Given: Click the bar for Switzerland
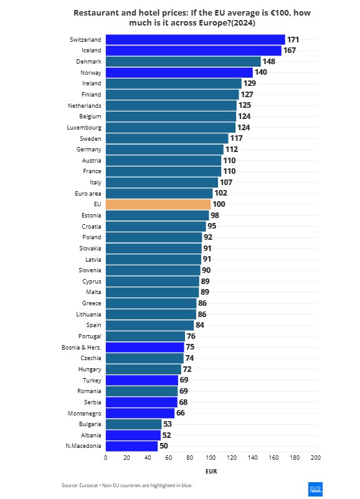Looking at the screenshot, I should (195, 40).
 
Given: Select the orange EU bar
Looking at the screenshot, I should (158, 204).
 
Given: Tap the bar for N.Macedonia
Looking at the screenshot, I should (131, 446).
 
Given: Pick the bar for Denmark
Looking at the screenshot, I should (183, 62).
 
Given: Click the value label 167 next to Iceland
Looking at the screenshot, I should (290, 50).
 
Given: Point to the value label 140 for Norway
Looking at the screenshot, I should (261, 72).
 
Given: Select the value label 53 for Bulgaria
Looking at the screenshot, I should (168, 424).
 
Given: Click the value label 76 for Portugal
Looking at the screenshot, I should (191, 336).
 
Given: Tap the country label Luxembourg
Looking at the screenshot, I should (83, 128).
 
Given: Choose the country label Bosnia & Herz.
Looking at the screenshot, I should (82, 347).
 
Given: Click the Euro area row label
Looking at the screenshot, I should (87, 193).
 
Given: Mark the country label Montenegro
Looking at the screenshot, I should (85, 413).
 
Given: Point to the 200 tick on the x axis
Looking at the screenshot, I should (316, 458).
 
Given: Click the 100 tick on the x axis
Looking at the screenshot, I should (211, 458).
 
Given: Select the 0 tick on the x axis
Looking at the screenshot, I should (106, 458).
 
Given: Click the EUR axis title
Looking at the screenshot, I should (211, 472).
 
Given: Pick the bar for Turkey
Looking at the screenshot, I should (142, 380).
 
